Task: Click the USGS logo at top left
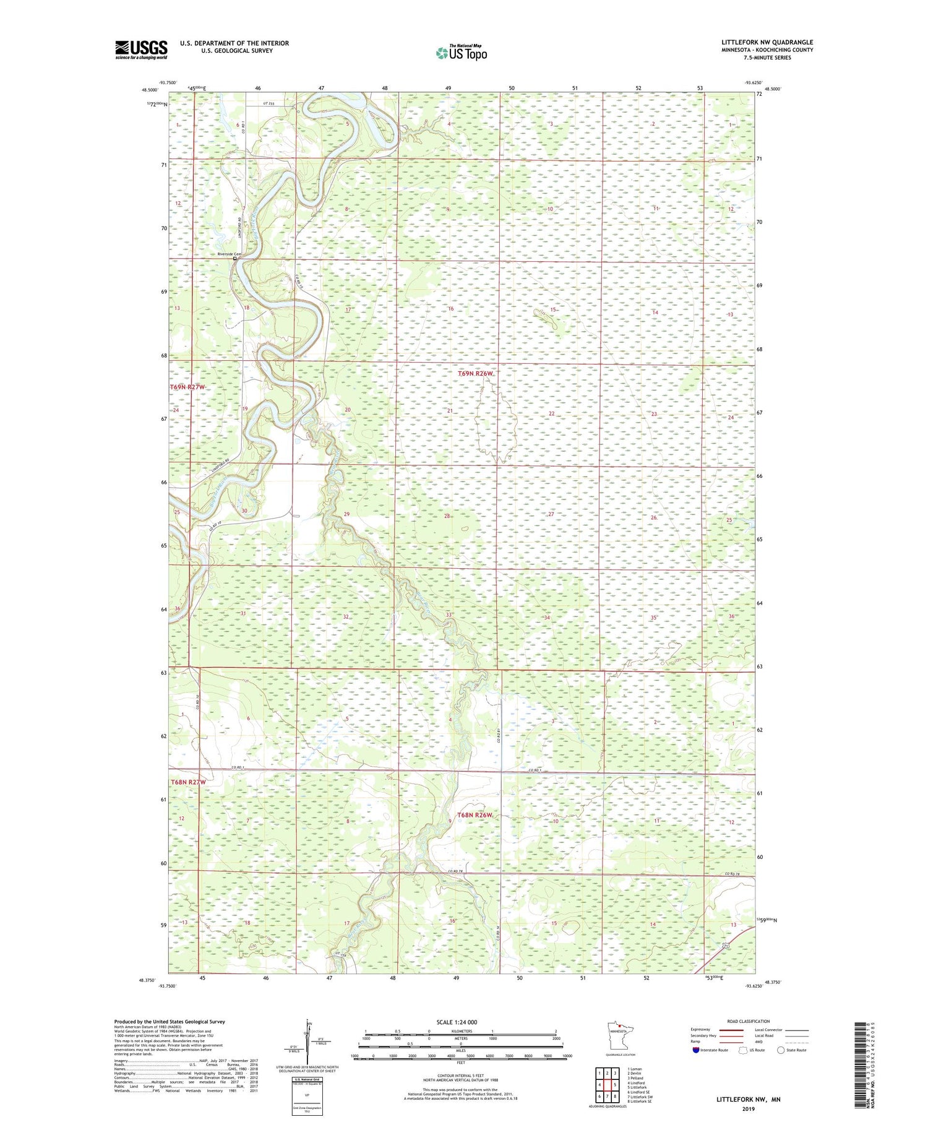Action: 141,50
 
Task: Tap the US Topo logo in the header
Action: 461,53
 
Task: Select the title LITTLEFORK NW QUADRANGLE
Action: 767,42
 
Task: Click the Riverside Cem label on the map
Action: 228,254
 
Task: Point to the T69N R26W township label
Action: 476,374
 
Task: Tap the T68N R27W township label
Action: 188,782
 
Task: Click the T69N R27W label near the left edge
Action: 187,387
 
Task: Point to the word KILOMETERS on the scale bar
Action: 461,1031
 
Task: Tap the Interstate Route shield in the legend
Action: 695,1050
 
